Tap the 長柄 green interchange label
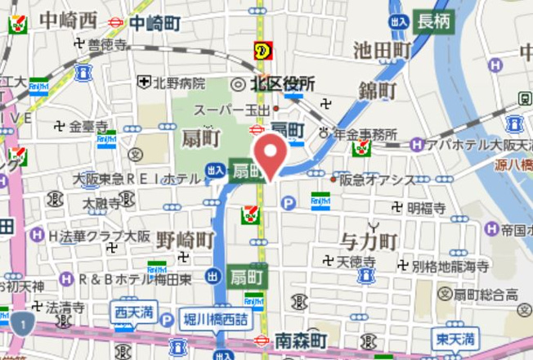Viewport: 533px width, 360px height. pos(433,21)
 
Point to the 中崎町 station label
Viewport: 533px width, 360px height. pos(159,22)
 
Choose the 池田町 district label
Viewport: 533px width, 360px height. pos(382,51)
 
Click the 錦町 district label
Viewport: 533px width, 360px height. pos(378,90)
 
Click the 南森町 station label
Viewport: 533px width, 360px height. pos(300,339)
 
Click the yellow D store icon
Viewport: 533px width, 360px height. pos(262,50)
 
